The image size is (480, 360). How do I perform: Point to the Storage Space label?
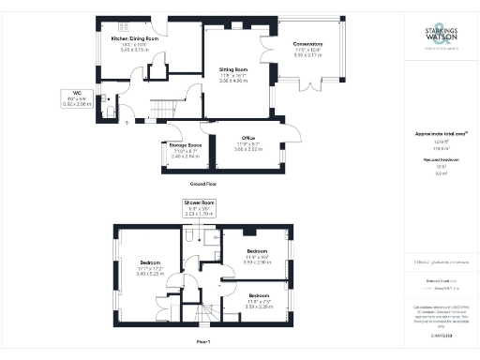176,145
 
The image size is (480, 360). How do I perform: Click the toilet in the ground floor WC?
112,112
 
